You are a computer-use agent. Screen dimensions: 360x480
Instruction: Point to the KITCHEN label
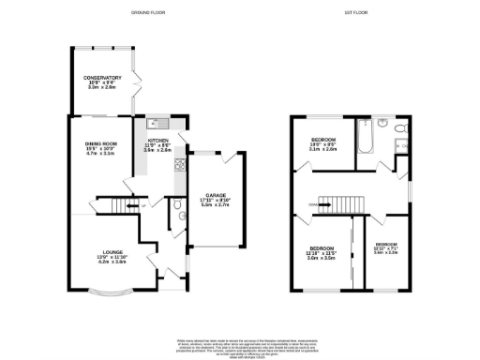point(157,141)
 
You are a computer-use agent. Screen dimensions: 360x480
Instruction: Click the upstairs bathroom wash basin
point(382,123)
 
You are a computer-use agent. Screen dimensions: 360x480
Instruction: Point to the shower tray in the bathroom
point(402,144)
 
